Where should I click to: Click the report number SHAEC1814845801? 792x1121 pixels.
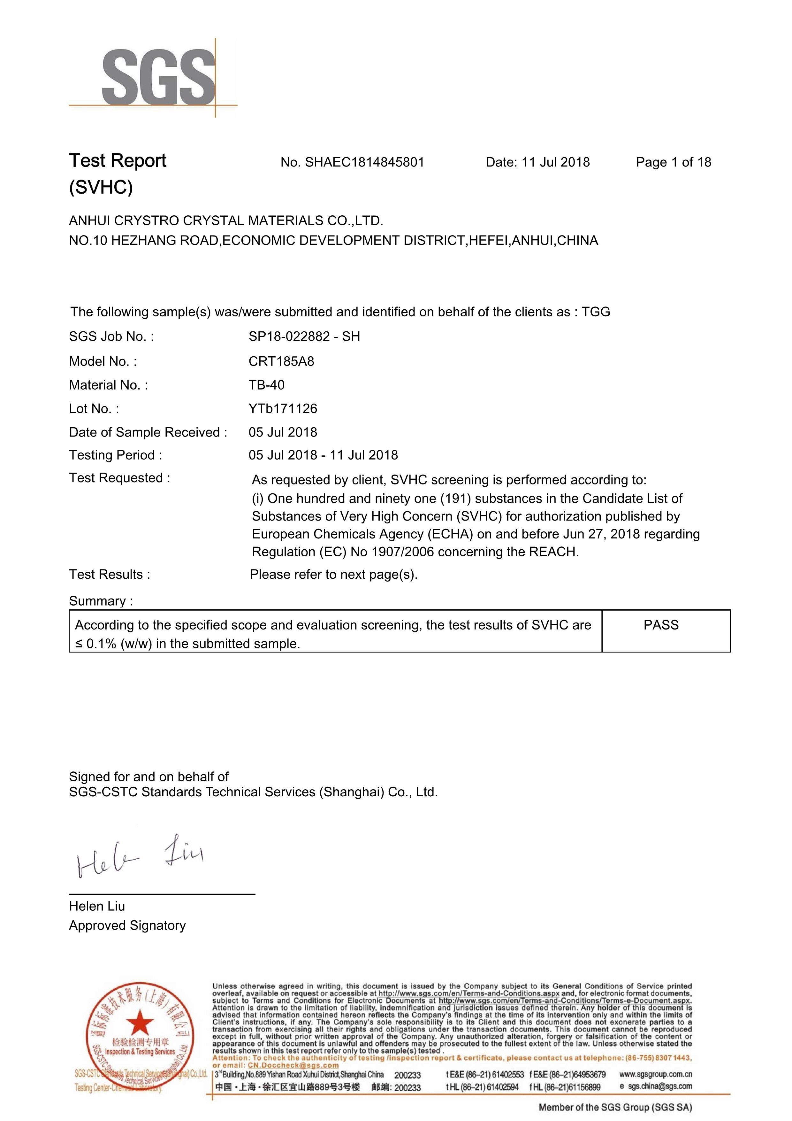point(364,162)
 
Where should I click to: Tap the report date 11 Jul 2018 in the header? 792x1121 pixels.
point(555,162)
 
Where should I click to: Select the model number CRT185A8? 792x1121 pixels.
point(281,361)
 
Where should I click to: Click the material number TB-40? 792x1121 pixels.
point(266,385)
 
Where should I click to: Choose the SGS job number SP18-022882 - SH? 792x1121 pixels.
point(304,336)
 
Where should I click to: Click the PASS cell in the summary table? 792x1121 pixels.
point(661,625)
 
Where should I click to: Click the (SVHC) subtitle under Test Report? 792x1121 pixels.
point(101,187)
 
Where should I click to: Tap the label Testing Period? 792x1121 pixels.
point(115,455)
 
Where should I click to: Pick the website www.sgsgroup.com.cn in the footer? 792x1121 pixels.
point(655,1074)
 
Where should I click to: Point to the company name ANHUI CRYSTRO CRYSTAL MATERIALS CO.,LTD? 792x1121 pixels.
point(226,221)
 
